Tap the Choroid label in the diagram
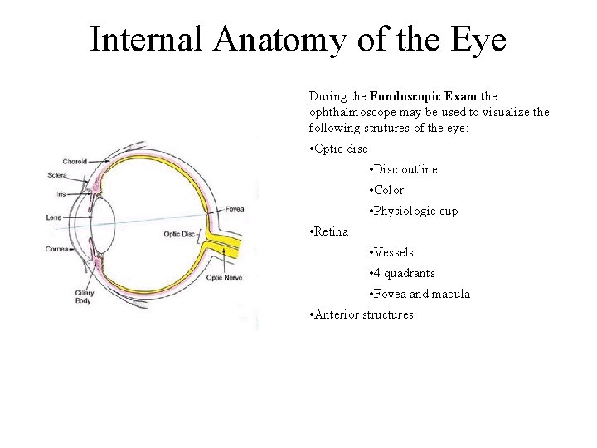click(x=74, y=161)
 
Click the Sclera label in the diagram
click(x=57, y=175)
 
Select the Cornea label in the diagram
click(x=57, y=249)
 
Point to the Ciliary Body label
click(x=83, y=296)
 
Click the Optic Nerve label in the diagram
click(x=224, y=278)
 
